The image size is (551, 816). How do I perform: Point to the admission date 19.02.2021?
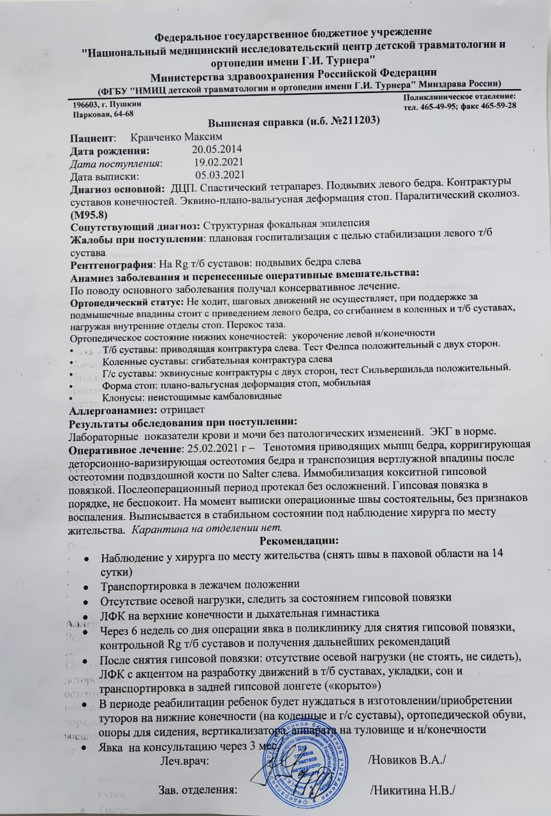click(221, 163)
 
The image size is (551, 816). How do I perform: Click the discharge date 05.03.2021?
click(220, 176)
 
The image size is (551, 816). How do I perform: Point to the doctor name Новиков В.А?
click(408, 760)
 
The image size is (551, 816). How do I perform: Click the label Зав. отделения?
click(197, 790)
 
